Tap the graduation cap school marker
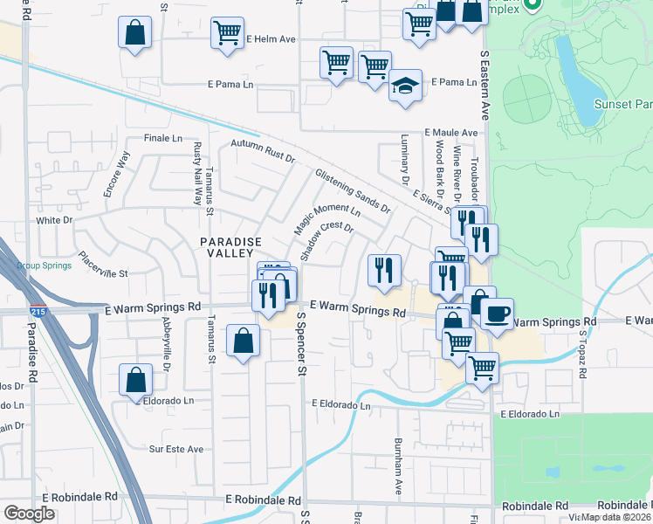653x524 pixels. point(405,86)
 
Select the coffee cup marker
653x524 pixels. point(497,313)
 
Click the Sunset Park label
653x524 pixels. point(624,103)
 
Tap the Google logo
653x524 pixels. point(30,514)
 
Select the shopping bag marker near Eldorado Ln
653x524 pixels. point(135,380)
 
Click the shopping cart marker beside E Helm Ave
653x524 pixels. point(227,33)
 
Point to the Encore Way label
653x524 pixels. point(116,175)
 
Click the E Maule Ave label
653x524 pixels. point(451,133)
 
